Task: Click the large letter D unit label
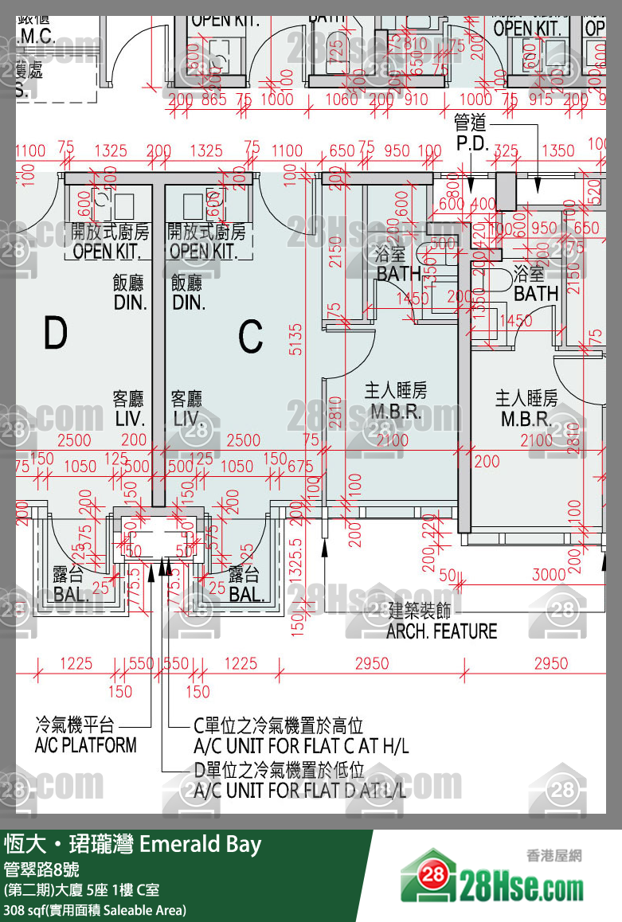[55, 334]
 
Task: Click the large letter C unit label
[250, 337]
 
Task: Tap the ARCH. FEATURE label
[441, 631]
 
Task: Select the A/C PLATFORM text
[85, 745]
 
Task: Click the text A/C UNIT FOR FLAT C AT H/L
[301, 746]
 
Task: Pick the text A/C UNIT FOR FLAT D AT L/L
[300, 791]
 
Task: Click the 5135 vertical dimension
[295, 338]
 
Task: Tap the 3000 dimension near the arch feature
[549, 575]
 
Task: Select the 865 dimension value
[213, 100]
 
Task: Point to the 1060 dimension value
[342, 100]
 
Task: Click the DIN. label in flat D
[130, 303]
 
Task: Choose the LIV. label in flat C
[187, 419]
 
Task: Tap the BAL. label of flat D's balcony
[71, 594]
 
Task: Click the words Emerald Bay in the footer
[200, 844]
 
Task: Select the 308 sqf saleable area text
[96, 909]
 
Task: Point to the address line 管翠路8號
[41, 869]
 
